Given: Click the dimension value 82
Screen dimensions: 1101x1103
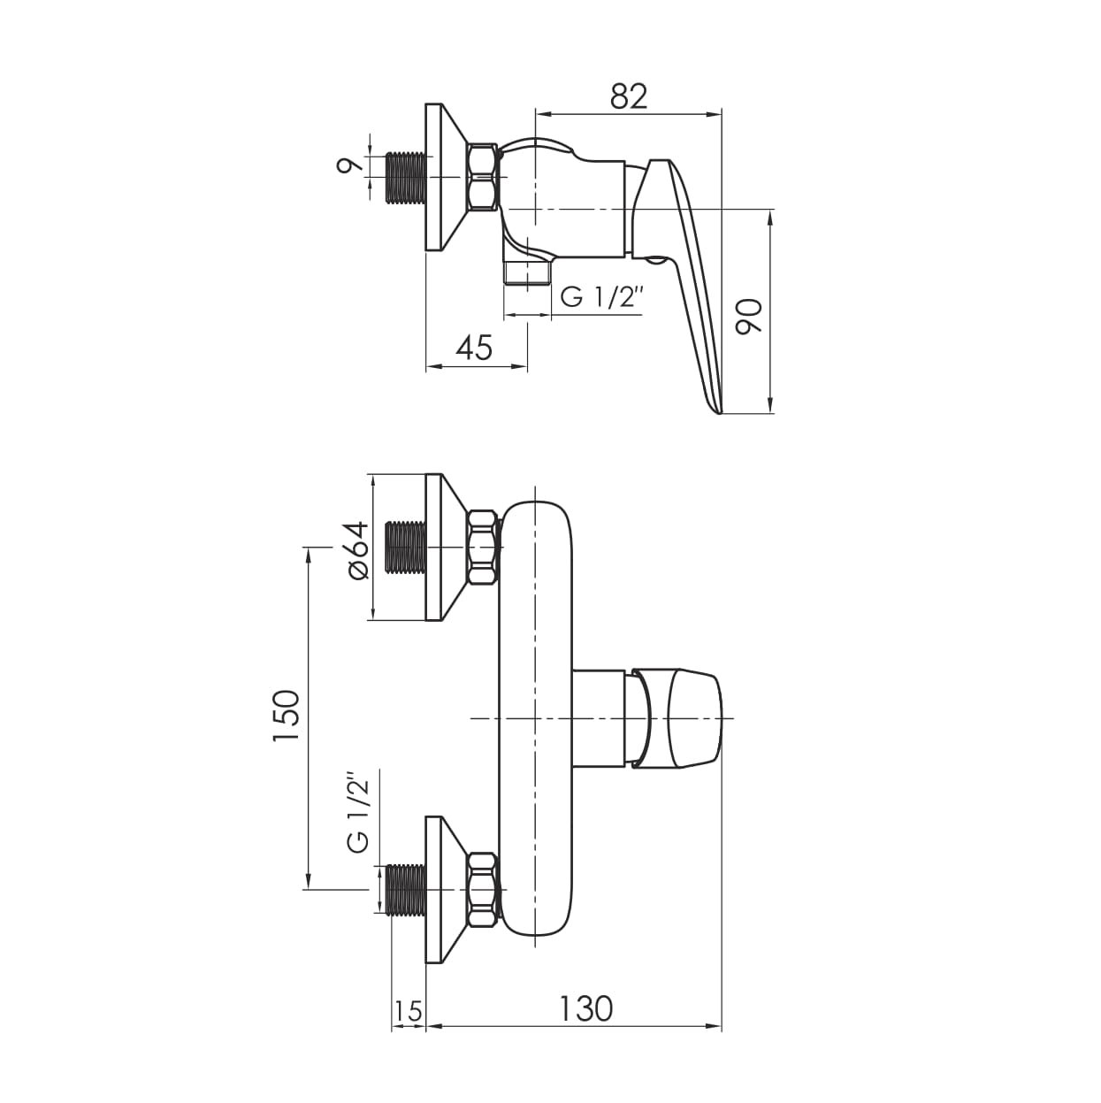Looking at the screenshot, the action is coord(629,96).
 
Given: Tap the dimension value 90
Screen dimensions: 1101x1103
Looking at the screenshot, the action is coord(749,317).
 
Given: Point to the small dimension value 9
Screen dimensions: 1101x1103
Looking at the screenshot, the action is coord(350,165).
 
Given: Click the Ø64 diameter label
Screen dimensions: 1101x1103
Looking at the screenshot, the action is coord(358,551).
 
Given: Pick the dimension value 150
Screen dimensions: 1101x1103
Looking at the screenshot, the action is coord(286,716).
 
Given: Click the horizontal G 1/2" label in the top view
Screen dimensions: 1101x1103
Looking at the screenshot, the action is coord(601,298).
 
